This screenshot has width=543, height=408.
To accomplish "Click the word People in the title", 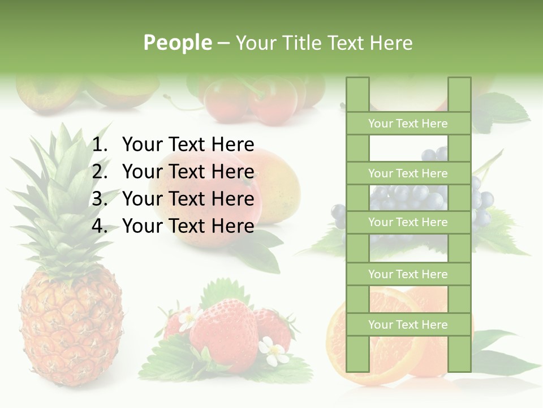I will pos(178,42).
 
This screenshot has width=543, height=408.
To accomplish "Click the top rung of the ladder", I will pos(408,124).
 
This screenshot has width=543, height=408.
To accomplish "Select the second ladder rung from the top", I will pos(408,173).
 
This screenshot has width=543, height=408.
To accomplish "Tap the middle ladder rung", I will pos(408,222).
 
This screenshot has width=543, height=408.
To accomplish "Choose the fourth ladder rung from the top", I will pos(408,274).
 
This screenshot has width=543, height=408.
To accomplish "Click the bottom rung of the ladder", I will pos(408,325).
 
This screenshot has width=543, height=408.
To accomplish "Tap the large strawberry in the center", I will pos(223,329).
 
